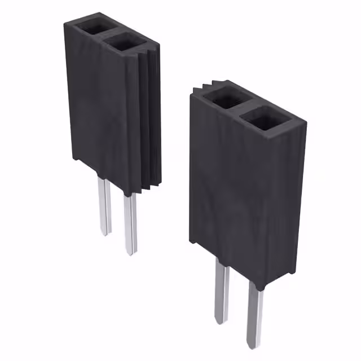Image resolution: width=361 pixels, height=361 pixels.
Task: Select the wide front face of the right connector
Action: (243, 192)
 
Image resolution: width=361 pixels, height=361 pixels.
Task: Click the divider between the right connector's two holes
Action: (241, 108)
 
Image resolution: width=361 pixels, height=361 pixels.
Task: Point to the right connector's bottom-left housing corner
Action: (192, 241)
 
